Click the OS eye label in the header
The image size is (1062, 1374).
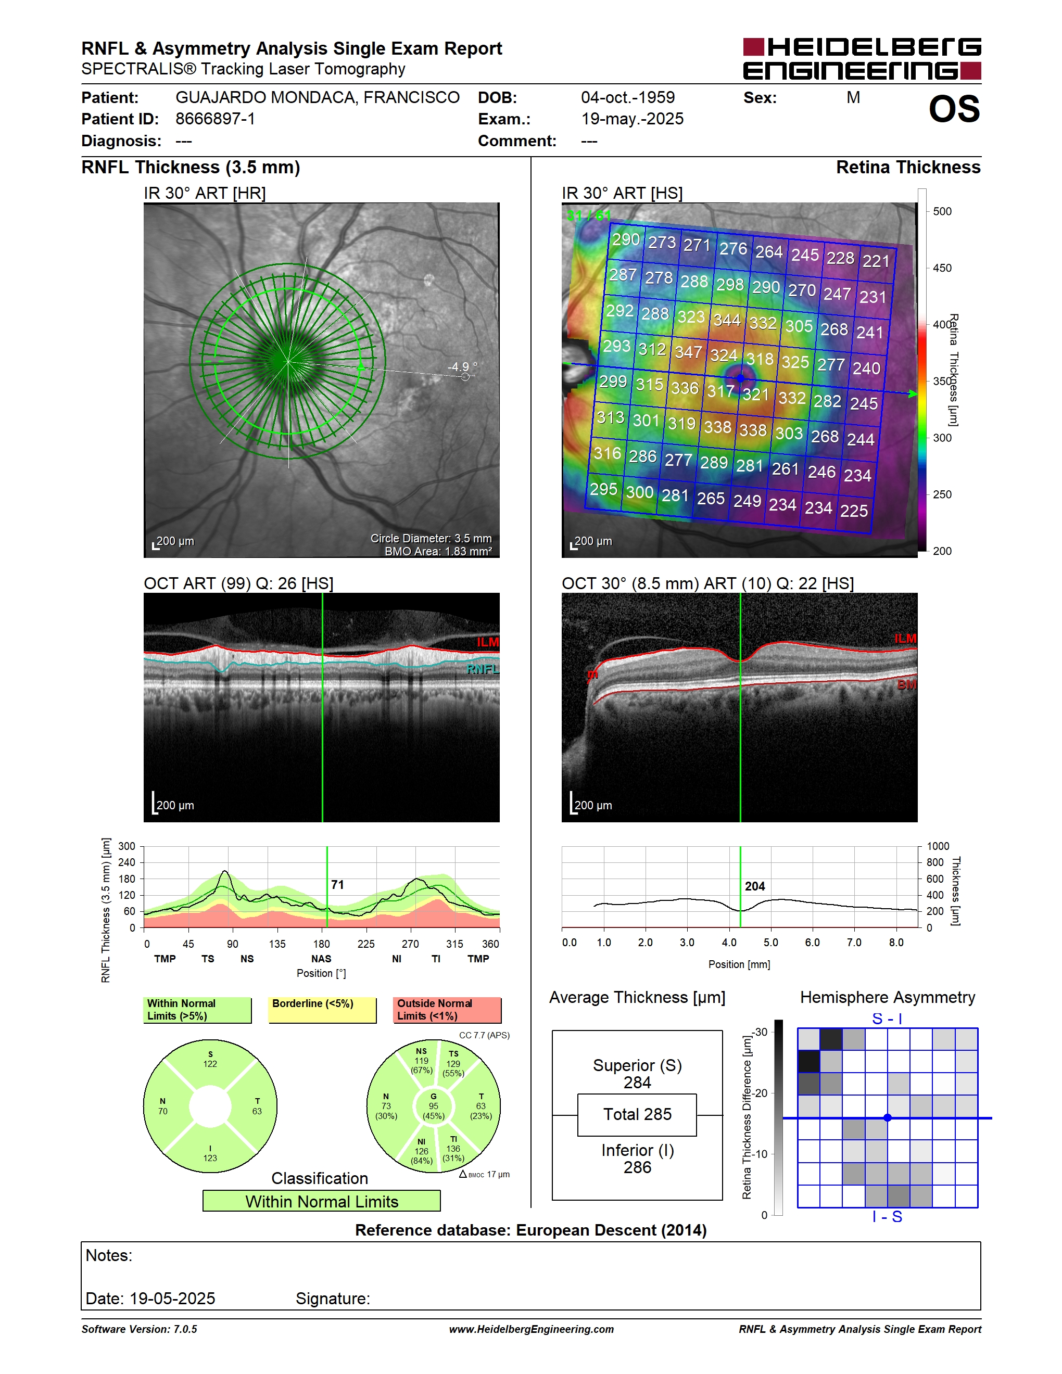click(954, 109)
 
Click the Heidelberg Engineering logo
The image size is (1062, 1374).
click(862, 58)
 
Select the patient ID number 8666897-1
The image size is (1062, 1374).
click(215, 119)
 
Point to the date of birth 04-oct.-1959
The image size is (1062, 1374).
click(627, 97)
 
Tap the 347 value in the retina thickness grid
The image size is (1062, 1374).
click(688, 352)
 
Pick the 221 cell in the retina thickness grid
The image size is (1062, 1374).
click(876, 261)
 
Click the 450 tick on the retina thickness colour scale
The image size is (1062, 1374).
click(942, 268)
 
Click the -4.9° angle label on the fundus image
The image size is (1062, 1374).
click(462, 367)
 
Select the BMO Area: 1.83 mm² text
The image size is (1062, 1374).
click(438, 552)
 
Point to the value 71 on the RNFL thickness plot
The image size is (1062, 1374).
click(338, 885)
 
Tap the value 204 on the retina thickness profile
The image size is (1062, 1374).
click(755, 886)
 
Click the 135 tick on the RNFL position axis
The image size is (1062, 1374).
click(277, 944)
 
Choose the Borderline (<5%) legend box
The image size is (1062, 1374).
click(322, 1010)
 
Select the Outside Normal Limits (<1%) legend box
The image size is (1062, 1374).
click(447, 1010)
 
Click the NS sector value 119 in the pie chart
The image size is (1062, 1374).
click(421, 1061)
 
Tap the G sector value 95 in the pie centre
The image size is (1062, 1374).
click(434, 1106)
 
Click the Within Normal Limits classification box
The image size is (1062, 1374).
click(322, 1201)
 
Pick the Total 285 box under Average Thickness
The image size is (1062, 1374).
click(637, 1115)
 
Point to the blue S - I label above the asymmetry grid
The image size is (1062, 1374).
click(887, 1019)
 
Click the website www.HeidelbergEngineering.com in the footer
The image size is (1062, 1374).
click(532, 1329)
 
